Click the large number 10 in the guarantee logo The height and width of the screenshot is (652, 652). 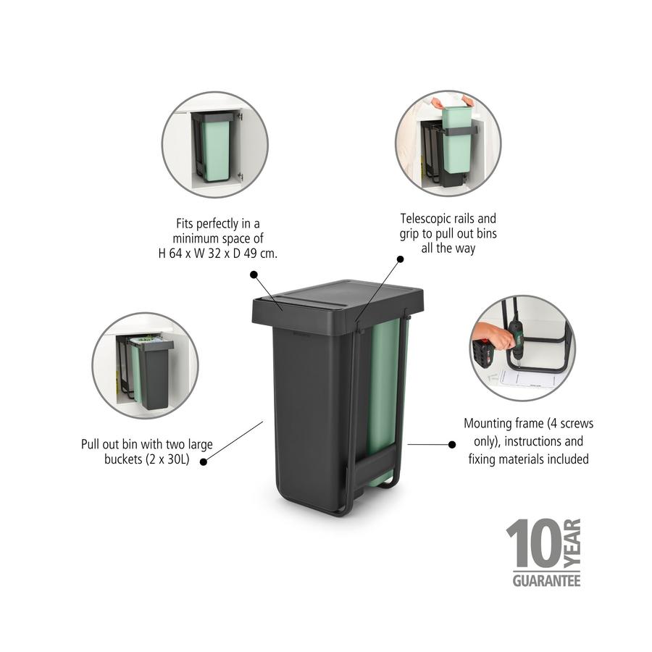pos(532,544)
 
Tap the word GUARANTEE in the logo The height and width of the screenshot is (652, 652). pos(546,580)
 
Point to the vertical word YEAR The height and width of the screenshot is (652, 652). pos(572,543)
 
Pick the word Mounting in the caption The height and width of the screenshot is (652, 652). pos(490,424)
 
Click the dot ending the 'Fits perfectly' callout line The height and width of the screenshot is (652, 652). pos(254,274)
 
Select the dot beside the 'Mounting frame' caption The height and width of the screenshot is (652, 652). pos(452,444)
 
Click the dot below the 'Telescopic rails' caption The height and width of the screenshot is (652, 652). pos(398,258)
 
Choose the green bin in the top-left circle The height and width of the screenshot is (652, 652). pos(214,149)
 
